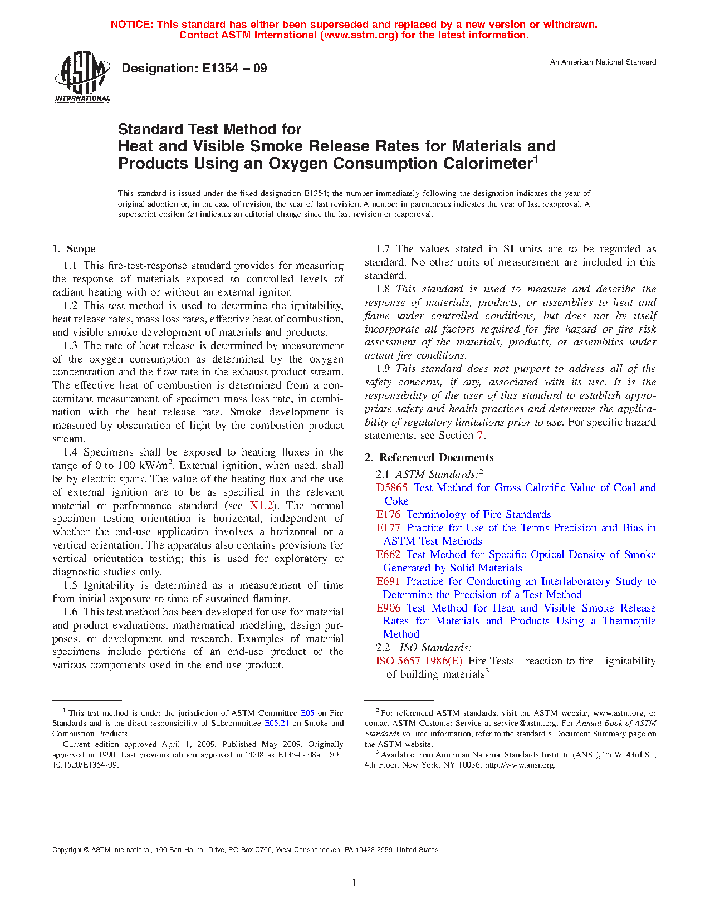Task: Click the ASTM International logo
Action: click(82, 76)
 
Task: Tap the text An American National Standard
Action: click(603, 62)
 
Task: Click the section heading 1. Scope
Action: click(74, 249)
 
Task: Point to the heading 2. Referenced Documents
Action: click(429, 458)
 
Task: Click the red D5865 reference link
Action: click(391, 488)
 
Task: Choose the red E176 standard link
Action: click(388, 515)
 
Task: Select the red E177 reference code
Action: click(388, 528)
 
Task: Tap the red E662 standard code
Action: click(388, 555)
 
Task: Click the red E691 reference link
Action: click(388, 581)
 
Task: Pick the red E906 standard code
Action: click(388, 608)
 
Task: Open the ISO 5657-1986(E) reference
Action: click(419, 661)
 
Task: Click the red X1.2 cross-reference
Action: click(262, 506)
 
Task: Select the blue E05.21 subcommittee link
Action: click(276, 724)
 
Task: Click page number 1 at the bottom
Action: click(354, 883)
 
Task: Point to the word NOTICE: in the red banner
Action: click(132, 25)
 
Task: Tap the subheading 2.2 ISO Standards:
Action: click(424, 648)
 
